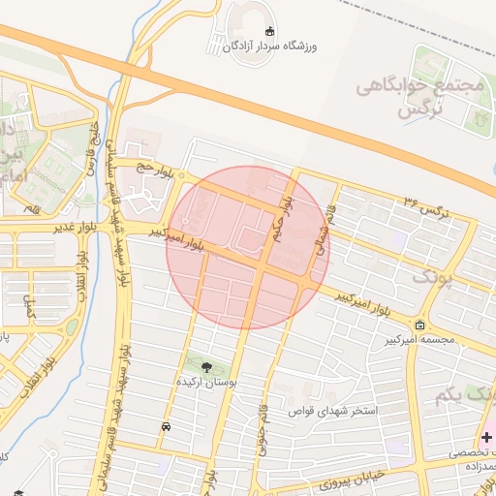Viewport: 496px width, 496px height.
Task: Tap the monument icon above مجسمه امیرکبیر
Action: [419, 325]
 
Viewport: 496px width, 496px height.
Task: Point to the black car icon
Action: [166, 426]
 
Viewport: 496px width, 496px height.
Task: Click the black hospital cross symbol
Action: [485, 437]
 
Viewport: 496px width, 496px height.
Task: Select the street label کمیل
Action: [29, 309]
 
